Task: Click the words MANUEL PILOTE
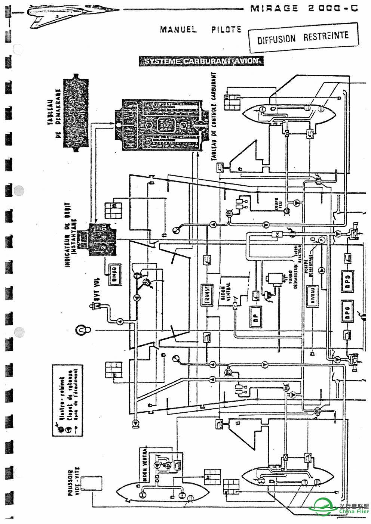click(200, 30)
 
